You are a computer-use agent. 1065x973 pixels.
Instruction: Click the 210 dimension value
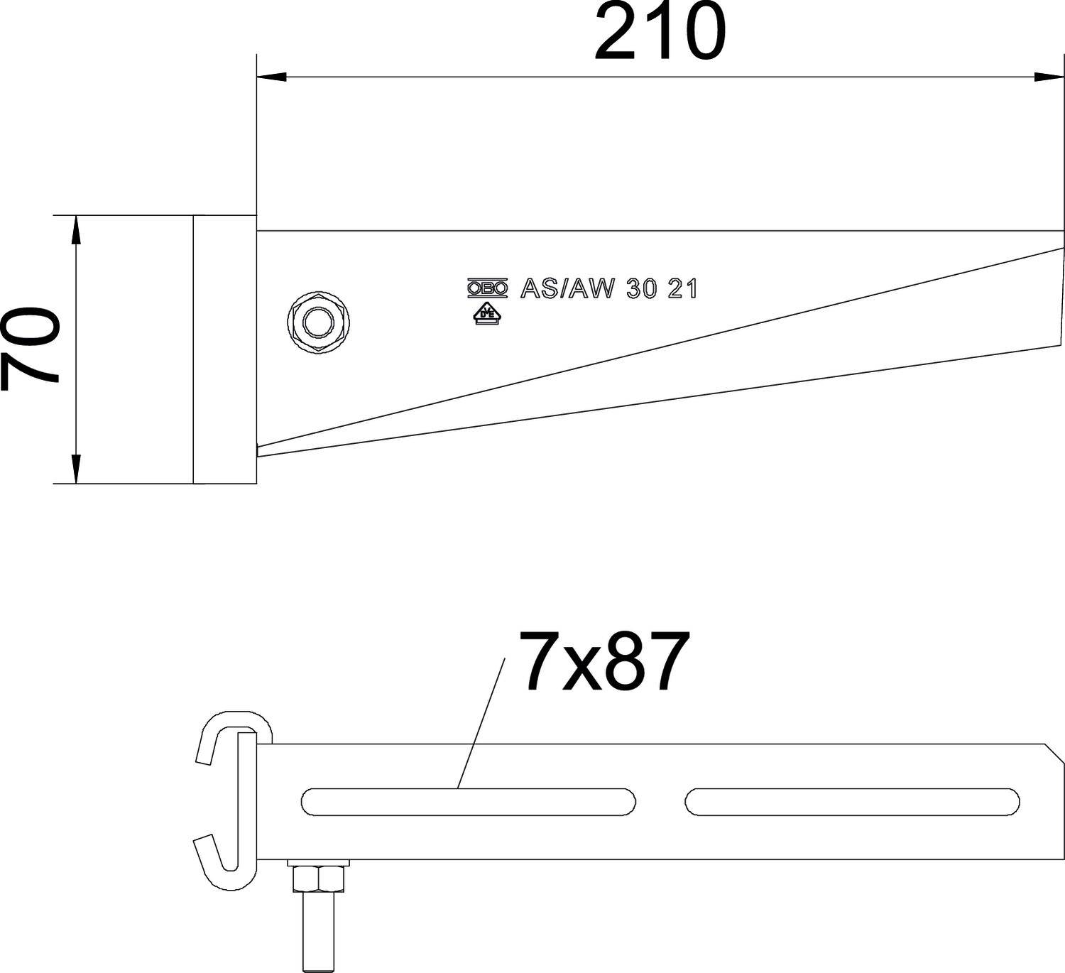click(x=660, y=33)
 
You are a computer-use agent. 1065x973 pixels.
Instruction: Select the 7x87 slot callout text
click(x=603, y=662)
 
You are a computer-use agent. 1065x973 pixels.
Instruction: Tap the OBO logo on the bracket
click(x=487, y=288)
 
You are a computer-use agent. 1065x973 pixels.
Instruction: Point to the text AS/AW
click(x=566, y=288)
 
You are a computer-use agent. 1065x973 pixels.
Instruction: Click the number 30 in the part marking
click(x=641, y=288)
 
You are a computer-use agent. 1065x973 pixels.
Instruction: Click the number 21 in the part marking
click(x=683, y=288)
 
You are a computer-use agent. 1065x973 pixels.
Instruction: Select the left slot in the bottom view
click(x=469, y=802)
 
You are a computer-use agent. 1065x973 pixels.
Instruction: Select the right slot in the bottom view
click(x=852, y=802)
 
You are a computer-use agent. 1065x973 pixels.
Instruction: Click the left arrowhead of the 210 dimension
click(x=271, y=77)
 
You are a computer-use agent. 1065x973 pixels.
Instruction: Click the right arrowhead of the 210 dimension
click(x=1049, y=77)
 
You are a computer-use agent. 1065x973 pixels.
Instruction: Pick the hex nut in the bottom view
click(x=319, y=878)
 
